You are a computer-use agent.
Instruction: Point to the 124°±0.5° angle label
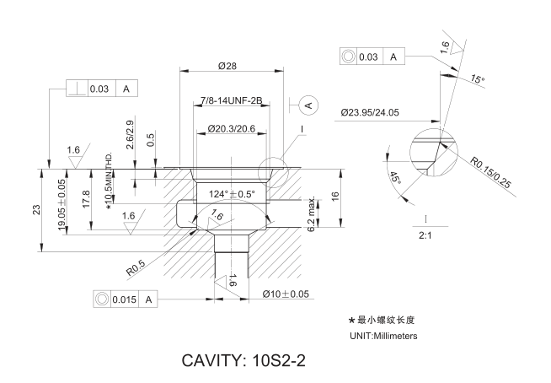[233, 194]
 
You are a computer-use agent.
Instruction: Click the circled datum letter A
[308, 105]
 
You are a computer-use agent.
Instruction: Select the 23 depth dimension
[36, 209]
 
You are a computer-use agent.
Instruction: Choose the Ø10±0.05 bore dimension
[286, 294]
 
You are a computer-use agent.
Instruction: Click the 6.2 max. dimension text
[311, 216]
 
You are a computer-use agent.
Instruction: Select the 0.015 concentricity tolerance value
[125, 299]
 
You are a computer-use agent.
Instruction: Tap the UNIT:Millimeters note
[383, 336]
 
